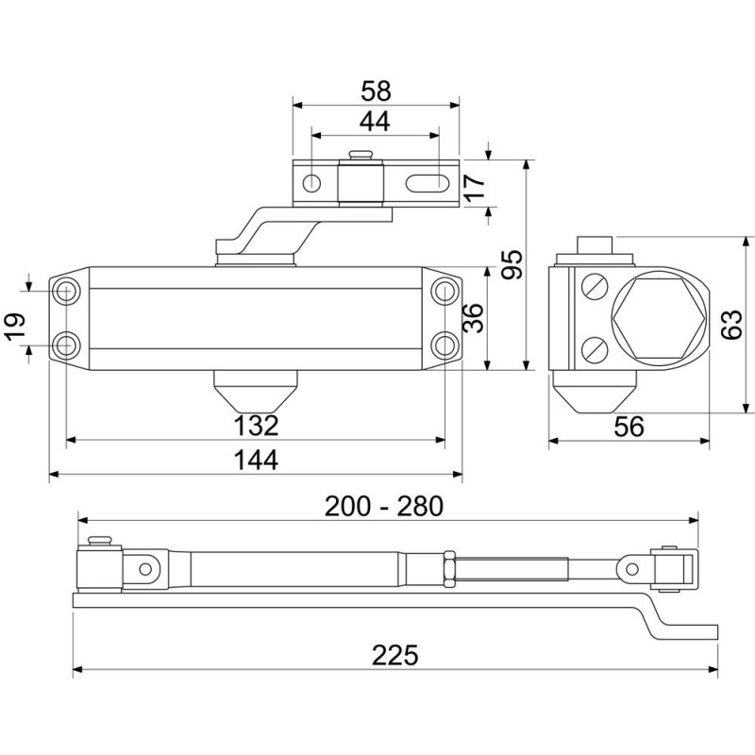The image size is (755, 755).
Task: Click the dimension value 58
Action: pos(376,91)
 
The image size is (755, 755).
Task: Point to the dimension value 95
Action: pos(512,265)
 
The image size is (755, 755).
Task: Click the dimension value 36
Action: pos(475,318)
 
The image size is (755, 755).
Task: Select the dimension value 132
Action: pos(256,426)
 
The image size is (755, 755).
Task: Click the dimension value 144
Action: pos(256,460)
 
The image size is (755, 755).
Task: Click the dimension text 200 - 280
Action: pos(383,506)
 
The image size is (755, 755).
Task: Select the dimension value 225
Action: pos(394,654)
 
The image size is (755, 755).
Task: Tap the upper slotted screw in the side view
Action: pos(595,286)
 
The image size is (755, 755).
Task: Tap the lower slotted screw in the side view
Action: pos(595,351)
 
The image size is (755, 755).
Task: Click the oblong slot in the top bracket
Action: pos(427,182)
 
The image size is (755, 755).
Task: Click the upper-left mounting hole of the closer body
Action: pos(67,292)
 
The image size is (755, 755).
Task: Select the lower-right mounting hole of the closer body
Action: pos(445,344)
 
